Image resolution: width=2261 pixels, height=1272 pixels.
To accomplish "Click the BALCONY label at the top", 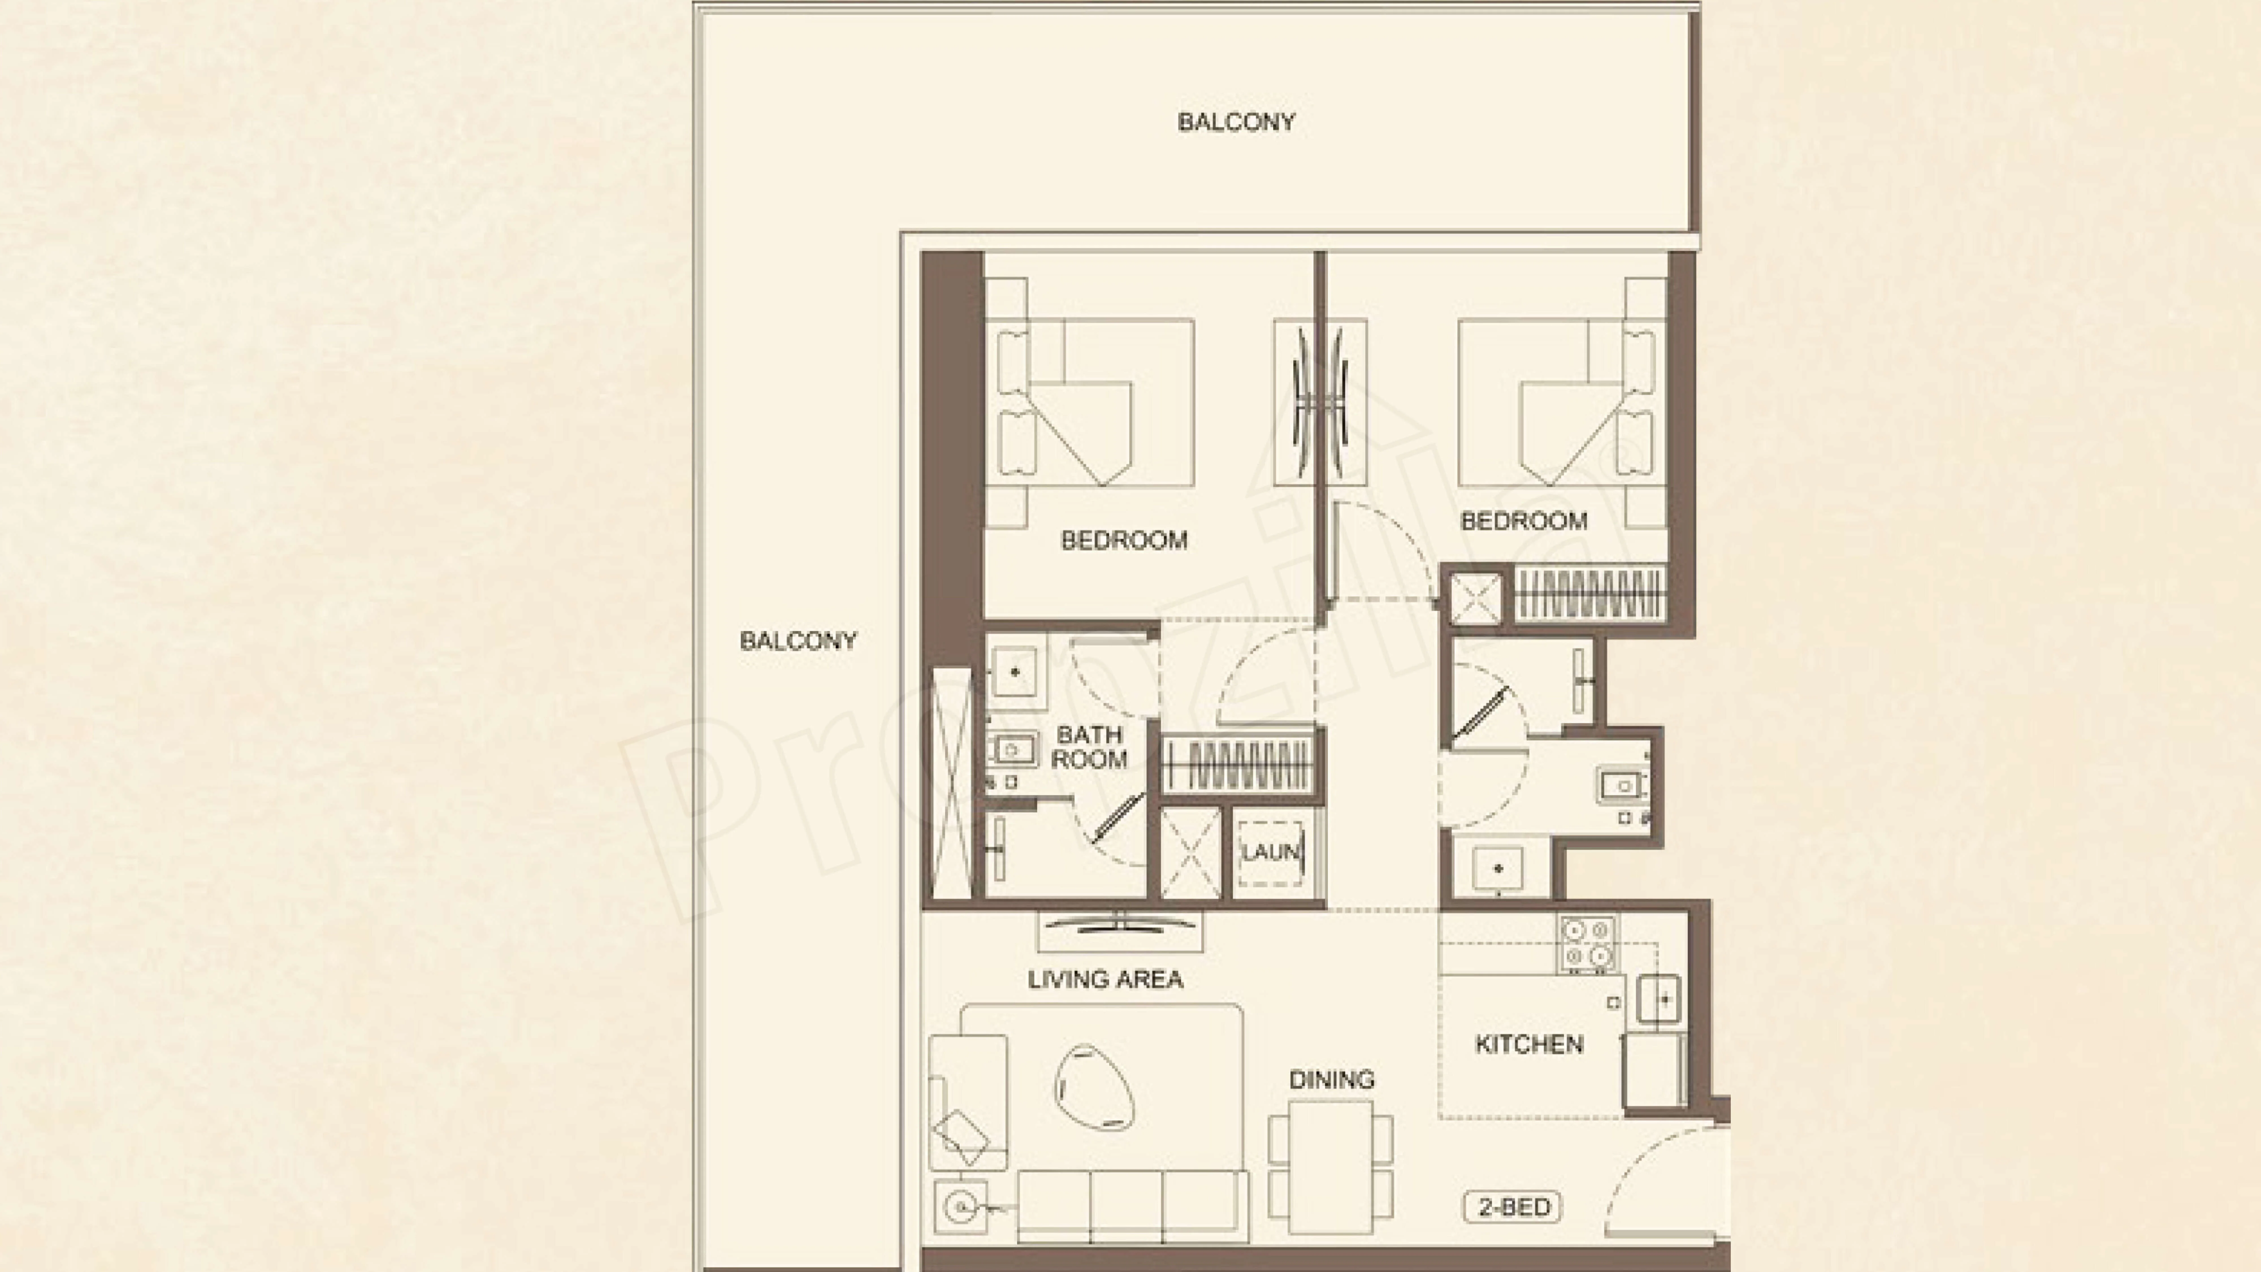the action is point(1236,122).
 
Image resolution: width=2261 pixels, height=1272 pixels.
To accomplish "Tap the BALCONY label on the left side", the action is point(798,641).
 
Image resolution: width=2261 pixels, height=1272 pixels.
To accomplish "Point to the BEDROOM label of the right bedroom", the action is point(1524,521).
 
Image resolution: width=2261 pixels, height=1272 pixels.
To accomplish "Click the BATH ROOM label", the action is point(1089,747).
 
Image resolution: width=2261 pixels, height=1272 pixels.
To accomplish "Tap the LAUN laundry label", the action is point(1270,851).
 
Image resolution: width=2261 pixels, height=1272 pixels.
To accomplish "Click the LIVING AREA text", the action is point(1105,979).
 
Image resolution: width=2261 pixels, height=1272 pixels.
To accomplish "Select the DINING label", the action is point(1331,1079).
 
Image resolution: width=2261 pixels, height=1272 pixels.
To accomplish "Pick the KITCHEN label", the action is point(1529,1044).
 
